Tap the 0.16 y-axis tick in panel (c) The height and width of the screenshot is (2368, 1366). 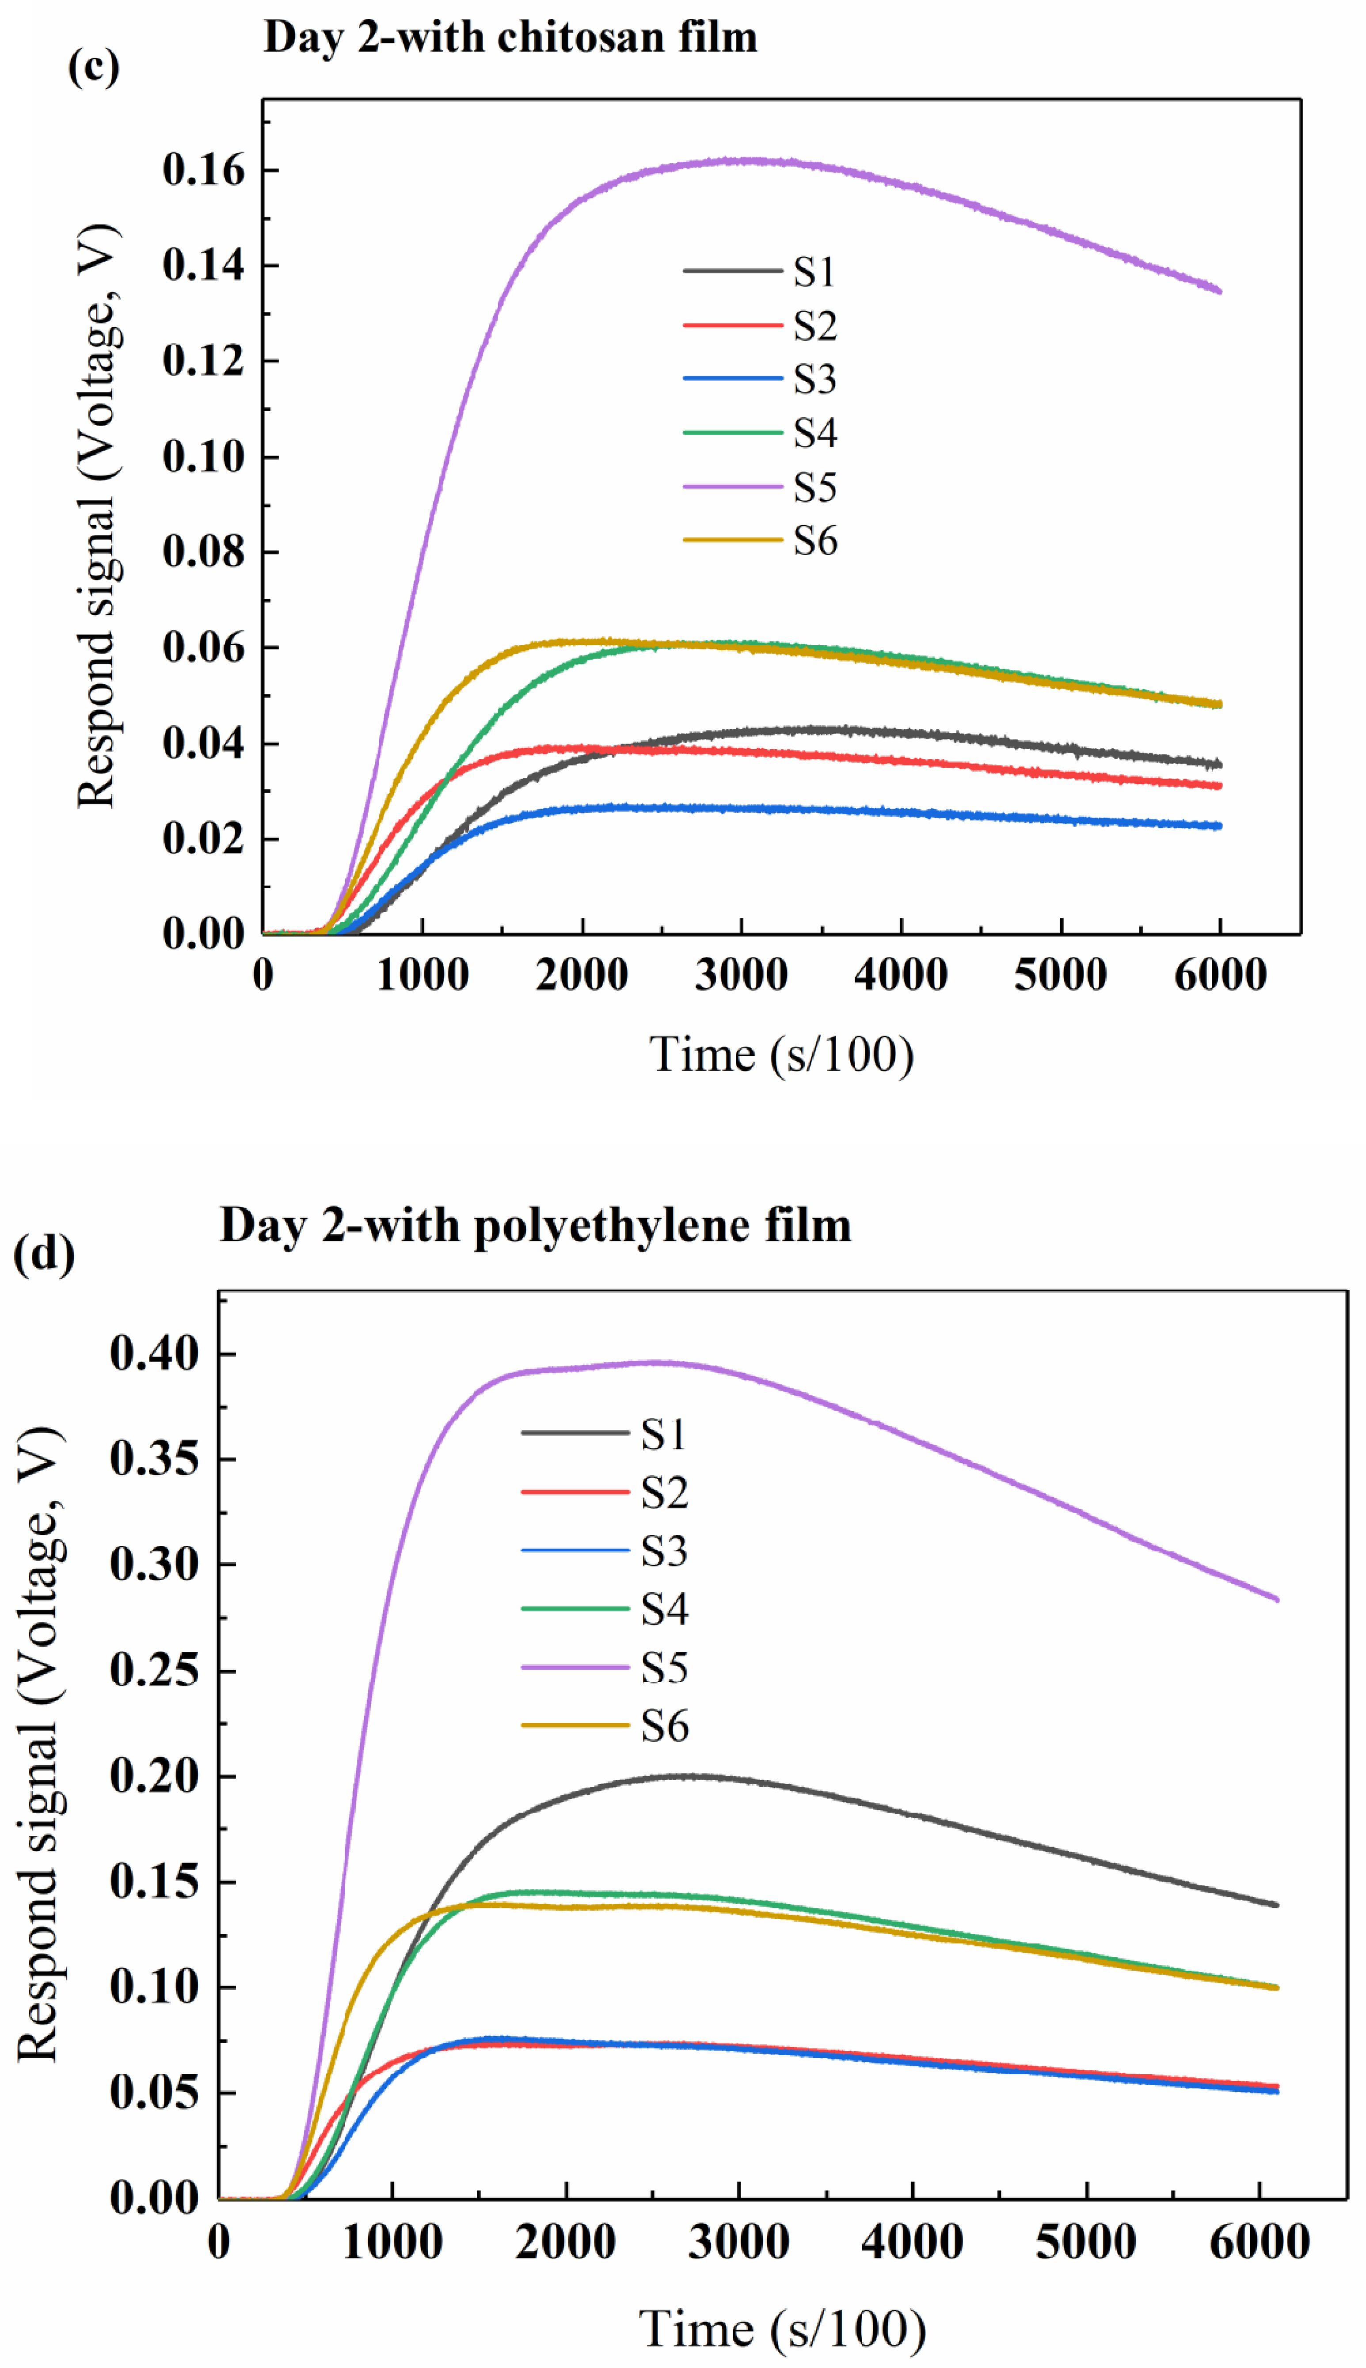point(203,170)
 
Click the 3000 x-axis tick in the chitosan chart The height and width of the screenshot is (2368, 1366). point(741,975)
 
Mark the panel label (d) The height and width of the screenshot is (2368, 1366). point(43,1253)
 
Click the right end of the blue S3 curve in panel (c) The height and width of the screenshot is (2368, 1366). point(1219,826)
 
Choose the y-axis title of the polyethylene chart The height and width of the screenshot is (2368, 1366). point(38,1745)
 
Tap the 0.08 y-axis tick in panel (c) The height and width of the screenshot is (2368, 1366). point(203,552)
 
